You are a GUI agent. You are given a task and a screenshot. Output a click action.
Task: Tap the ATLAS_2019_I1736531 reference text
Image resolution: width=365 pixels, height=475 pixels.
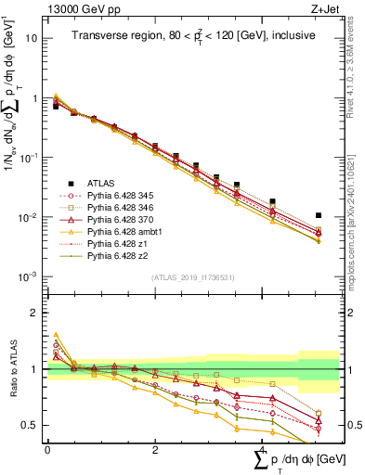[185, 277]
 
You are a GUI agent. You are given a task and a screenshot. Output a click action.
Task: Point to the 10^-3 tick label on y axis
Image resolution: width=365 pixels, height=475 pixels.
[29, 277]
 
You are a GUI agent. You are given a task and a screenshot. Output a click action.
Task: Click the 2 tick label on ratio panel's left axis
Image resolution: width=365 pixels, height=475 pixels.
[36, 313]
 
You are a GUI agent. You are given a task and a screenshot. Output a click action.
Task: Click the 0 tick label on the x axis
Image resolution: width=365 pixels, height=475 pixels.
[47, 449]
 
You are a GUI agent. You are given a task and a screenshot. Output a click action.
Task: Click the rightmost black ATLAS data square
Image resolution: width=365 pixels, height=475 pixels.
[319, 215]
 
